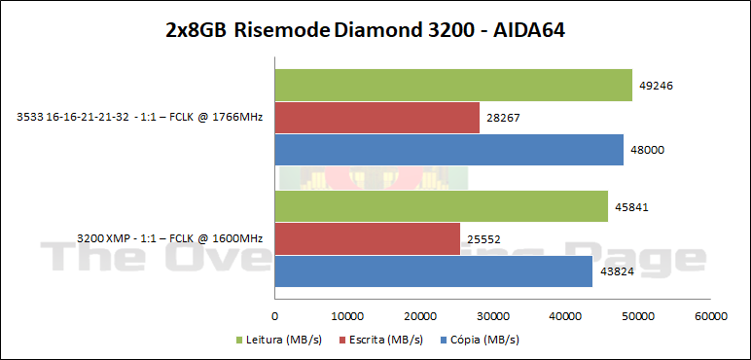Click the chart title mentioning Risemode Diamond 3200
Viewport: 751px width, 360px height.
366,30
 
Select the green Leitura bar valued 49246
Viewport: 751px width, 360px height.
453,86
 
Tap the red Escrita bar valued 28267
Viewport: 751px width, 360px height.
377,118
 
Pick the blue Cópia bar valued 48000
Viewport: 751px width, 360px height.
448,150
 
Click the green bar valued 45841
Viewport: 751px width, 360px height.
442,206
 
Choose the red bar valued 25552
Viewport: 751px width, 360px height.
368,238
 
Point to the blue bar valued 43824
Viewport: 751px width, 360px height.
434,270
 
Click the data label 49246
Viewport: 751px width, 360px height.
657,86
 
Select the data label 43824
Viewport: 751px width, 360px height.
617,270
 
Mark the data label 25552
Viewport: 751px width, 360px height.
484,238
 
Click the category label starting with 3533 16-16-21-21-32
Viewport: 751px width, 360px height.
142,118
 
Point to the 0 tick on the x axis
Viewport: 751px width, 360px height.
275,315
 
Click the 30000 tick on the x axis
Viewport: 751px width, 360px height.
493,315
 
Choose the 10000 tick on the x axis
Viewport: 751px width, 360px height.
347,315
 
